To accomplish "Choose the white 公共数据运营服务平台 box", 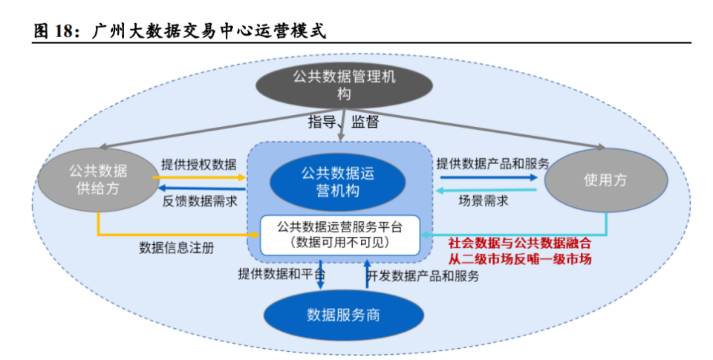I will tap(339, 233).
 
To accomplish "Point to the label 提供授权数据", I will tap(199, 164).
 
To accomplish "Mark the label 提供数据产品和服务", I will tap(492, 163).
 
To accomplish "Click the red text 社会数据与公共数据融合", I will tap(520, 243).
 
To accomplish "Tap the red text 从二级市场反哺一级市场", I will tap(520, 259).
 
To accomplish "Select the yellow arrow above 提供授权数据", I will tap(201, 178).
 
